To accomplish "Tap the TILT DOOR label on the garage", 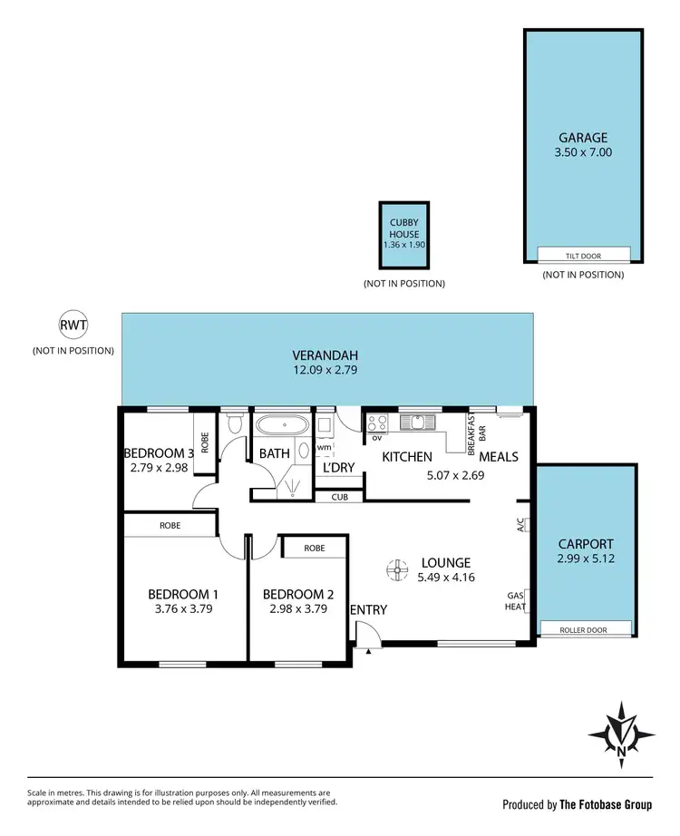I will pos(583,256).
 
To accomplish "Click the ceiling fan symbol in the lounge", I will pos(397,569).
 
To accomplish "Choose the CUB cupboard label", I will pos(340,497).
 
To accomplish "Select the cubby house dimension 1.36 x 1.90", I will pos(404,245).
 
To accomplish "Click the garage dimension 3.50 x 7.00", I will pos(583,152).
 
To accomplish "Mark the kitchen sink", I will pos(416,422).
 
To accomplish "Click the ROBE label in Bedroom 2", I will pos(315,549).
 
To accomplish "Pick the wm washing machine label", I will pos(325,448).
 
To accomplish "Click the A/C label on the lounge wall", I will pos(520,524).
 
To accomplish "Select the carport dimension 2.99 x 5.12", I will pos(585,559).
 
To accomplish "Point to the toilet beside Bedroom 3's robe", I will pos(235,423).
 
